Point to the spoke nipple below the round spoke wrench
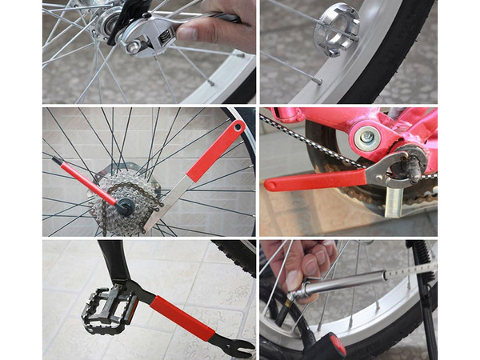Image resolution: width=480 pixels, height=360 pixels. (x=319, y=81)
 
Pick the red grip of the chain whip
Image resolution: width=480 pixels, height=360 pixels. (x=215, y=151)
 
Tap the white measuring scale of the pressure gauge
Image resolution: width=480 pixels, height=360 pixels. (x=408, y=271)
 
